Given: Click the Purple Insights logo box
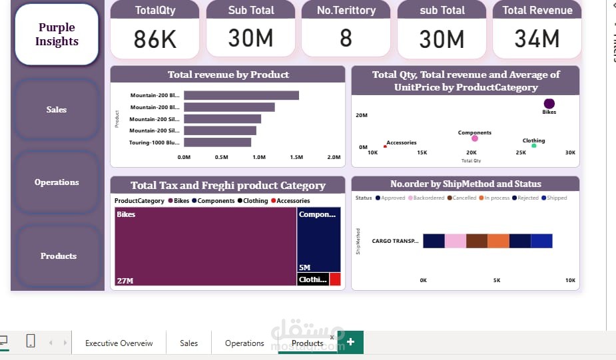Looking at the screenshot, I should click(x=57, y=35).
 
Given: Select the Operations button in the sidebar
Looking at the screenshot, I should click(x=57, y=182).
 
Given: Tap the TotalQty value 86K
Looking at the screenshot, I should click(x=155, y=39).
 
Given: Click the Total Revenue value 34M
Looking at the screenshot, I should click(x=537, y=39).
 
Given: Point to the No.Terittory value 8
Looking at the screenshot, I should click(x=346, y=39).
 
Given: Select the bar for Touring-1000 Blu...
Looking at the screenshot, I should click(x=217, y=142).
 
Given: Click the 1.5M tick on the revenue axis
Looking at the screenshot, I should click(x=296, y=158).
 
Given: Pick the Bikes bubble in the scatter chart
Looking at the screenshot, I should click(x=549, y=103).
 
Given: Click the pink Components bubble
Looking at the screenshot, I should click(x=475, y=138).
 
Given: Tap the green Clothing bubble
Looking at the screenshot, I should click(x=533, y=146).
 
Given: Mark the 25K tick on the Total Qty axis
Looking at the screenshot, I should click(x=521, y=153).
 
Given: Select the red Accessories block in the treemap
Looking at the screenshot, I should click(x=335, y=279).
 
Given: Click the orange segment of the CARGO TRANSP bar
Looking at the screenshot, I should click(x=498, y=241).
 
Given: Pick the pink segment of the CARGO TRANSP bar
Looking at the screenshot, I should click(x=456, y=241).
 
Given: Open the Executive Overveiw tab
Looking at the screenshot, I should click(x=119, y=343).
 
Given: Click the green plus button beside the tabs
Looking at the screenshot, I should click(x=350, y=342).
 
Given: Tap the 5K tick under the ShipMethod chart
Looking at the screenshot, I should click(x=497, y=281).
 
